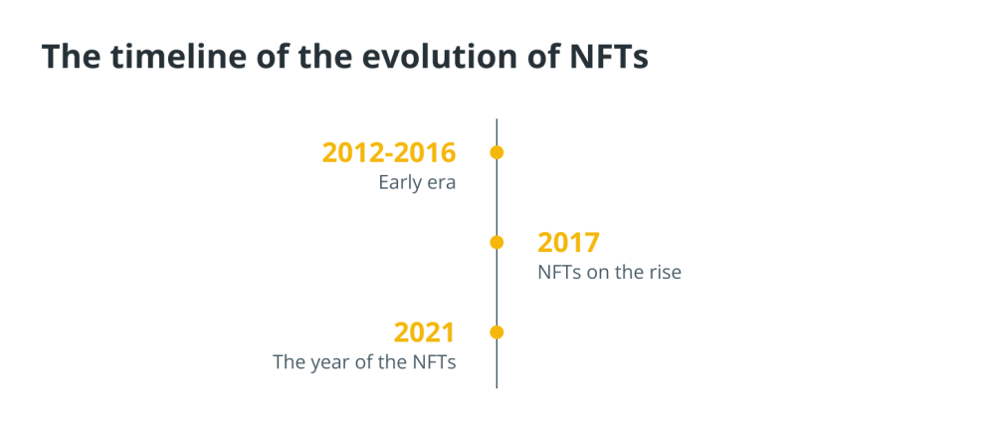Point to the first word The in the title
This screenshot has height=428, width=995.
pyautogui.click(x=71, y=56)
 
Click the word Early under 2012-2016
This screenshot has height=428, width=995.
pyautogui.click(x=398, y=183)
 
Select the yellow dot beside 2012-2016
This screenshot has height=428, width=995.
pyautogui.click(x=497, y=152)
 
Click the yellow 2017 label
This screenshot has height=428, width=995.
pyautogui.click(x=568, y=243)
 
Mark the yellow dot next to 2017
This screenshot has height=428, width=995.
pyautogui.click(x=497, y=242)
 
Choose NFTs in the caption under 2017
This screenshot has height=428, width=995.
pyautogui.click(x=559, y=273)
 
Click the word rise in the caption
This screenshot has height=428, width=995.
pyautogui.click(x=665, y=273)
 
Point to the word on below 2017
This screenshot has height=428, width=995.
pyautogui.click(x=597, y=274)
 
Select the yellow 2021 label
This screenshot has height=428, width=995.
pyautogui.click(x=425, y=333)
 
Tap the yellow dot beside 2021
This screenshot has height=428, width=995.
pyautogui.click(x=497, y=332)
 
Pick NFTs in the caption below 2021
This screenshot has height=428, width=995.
pyautogui.click(x=435, y=362)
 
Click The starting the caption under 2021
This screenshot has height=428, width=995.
pyautogui.click(x=290, y=362)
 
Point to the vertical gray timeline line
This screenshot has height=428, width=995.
pyautogui.click(x=497, y=254)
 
